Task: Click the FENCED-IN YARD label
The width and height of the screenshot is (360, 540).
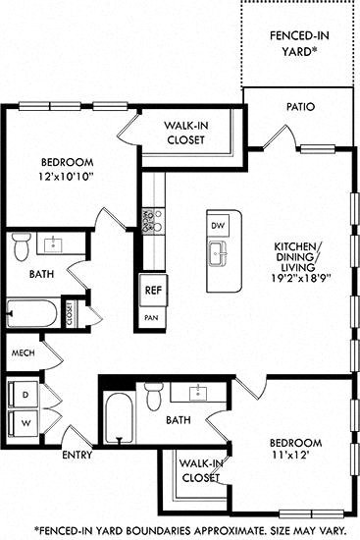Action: coord(298,45)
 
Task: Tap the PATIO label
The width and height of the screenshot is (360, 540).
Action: coord(300,106)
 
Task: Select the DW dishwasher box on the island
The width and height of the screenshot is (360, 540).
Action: coord(219,225)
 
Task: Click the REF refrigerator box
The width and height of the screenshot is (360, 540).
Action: coord(152,291)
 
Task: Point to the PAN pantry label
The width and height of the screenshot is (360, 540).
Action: coord(151,317)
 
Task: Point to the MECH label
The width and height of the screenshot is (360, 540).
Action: coord(24,352)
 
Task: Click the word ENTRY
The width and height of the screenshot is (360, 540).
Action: coord(77,456)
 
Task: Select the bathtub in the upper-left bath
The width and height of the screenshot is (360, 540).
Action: coord(32,315)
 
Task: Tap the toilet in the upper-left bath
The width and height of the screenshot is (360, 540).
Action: coord(22,247)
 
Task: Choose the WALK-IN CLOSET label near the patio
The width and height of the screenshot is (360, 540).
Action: coord(184,133)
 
